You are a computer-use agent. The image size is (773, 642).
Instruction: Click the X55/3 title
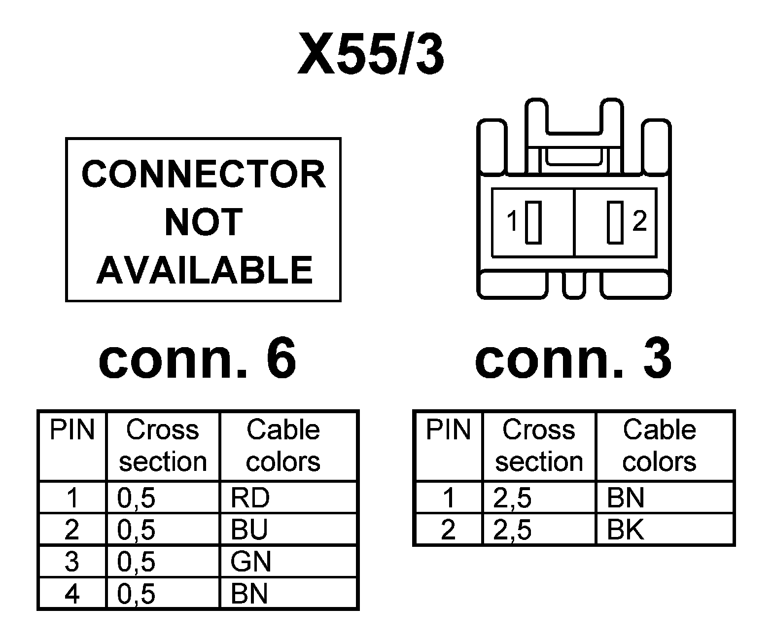(371, 54)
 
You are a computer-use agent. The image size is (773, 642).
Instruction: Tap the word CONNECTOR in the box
(204, 174)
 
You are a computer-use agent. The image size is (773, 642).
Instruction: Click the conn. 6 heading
(197, 358)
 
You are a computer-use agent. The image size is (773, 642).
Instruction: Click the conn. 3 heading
(573, 358)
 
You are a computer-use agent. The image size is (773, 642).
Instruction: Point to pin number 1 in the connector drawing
(513, 221)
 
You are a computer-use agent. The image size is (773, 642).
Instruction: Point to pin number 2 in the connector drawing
(639, 221)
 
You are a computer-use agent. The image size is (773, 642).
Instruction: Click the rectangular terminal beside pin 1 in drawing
(533, 222)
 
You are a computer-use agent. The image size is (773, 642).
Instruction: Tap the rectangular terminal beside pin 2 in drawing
(615, 222)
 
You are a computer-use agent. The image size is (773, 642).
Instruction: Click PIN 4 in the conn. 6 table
(72, 593)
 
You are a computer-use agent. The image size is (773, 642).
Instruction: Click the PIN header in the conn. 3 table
(448, 429)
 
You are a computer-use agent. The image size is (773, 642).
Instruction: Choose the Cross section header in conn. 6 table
(163, 445)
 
